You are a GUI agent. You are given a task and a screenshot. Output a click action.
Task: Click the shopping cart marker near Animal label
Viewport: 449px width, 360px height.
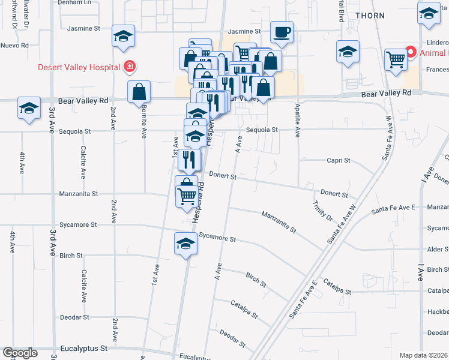pyautogui.click(x=396, y=59)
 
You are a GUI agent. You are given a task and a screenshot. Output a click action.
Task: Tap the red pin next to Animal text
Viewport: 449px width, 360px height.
pyautogui.click(x=411, y=53)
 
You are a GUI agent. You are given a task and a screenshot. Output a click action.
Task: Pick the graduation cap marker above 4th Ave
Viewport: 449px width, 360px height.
pyautogui.click(x=29, y=108)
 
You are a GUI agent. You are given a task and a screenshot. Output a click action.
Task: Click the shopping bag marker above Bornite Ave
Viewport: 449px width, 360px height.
pyautogui.click(x=139, y=92)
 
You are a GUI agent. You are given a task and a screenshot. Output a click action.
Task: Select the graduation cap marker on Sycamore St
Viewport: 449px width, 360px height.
pyautogui.click(x=186, y=244)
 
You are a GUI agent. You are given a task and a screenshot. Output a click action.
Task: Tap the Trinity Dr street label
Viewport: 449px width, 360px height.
pyautogui.click(x=322, y=211)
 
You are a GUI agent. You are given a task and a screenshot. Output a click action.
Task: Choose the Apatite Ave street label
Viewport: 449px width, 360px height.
pyautogui.click(x=297, y=118)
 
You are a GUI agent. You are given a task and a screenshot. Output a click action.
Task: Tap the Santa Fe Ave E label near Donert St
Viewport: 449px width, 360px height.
pyautogui.click(x=394, y=208)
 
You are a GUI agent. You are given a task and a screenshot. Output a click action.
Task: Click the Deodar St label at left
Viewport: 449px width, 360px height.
pyautogui.click(x=74, y=317)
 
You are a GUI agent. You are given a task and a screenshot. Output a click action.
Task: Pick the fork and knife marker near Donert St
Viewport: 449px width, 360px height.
pyautogui.click(x=189, y=159)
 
